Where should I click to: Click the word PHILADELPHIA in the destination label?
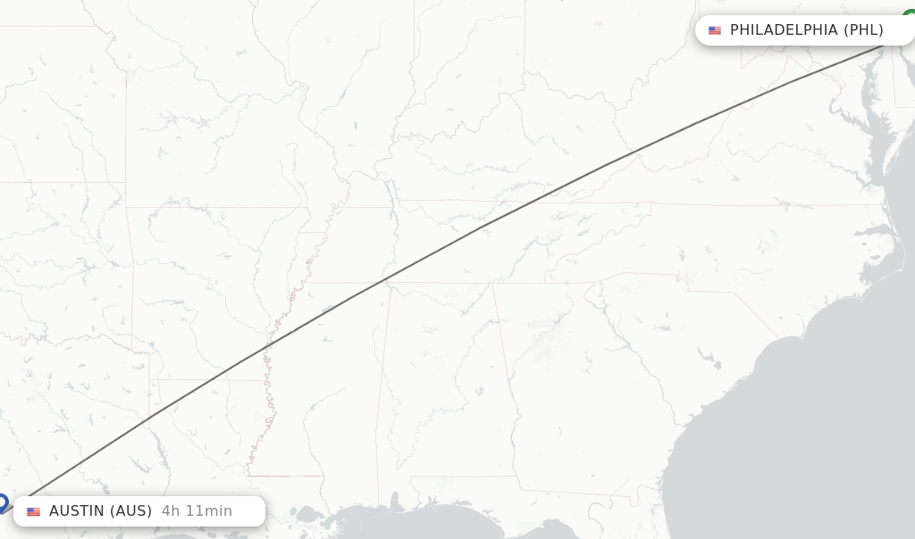[784, 30]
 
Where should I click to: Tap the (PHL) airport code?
[863, 30]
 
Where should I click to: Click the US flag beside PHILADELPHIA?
[715, 30]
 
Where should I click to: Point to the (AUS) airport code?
[130, 511]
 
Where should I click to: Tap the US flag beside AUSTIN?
[34, 511]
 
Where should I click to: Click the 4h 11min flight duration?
[197, 511]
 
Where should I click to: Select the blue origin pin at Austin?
[3, 502]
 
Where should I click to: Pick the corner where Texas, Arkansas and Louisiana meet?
[149, 378]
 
